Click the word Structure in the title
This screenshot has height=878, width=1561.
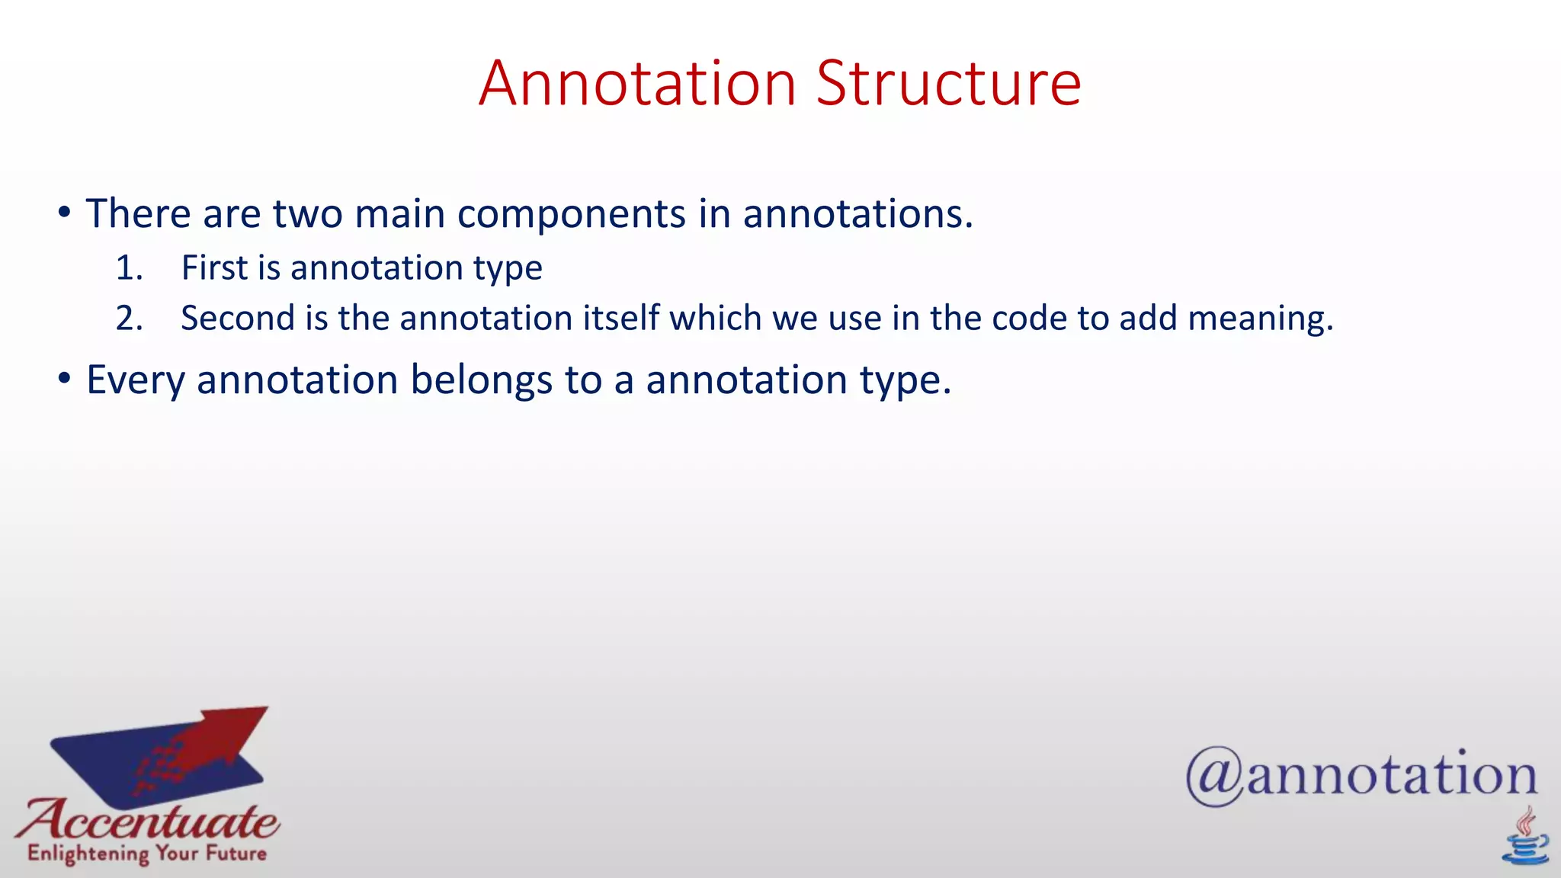point(948,83)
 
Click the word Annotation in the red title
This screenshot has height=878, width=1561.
point(637,83)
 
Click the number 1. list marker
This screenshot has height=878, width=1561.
point(129,268)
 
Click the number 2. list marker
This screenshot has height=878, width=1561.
point(129,319)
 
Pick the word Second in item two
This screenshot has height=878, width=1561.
point(237,319)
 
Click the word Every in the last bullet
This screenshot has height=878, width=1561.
point(135,380)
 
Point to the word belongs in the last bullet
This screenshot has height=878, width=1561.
point(481,380)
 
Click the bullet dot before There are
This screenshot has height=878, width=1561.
point(65,213)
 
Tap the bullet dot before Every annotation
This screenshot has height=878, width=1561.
point(65,379)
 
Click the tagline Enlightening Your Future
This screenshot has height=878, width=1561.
point(147,854)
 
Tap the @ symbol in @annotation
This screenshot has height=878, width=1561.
point(1215,776)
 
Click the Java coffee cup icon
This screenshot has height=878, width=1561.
point(1524,838)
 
